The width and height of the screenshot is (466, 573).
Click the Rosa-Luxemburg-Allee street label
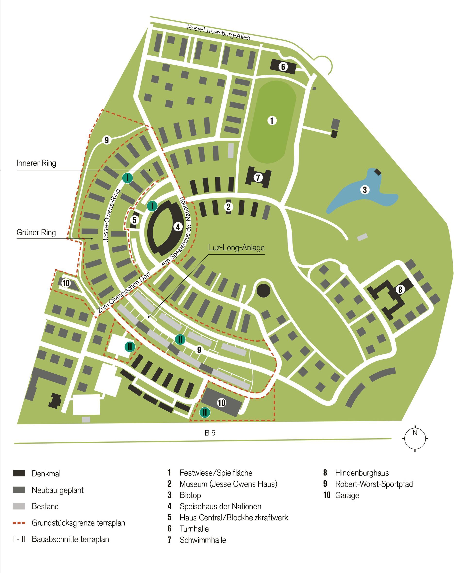218,32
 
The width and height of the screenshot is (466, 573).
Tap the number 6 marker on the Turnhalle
283,66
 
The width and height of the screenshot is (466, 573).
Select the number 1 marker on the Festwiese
272,121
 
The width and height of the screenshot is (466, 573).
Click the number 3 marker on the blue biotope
365,190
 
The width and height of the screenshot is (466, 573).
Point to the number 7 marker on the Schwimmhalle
258,177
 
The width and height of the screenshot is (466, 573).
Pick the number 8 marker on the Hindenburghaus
400,290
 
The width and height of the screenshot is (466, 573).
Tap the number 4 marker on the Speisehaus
178,227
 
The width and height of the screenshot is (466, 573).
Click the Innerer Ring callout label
36,163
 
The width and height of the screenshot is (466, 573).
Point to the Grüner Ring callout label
36,233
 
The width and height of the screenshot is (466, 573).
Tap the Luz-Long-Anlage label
236,248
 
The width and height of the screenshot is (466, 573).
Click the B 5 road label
210,433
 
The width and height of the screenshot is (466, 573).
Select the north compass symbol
415,439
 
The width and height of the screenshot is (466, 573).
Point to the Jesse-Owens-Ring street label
112,215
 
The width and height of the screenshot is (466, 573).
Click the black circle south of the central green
263,291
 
